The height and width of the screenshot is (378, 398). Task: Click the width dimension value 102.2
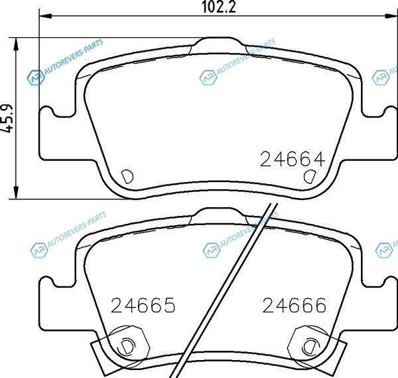(x=218, y=7)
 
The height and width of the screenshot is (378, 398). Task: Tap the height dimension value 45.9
(x=7, y=118)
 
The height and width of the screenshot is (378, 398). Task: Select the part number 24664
(x=293, y=159)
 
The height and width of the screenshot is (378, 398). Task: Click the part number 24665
(x=143, y=305)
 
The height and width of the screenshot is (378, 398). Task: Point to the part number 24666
(x=294, y=305)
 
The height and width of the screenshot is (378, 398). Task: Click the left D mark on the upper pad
(x=127, y=177)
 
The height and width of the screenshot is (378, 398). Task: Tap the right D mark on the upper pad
(x=310, y=176)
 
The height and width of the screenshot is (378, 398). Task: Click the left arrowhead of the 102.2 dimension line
(x=45, y=16)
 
